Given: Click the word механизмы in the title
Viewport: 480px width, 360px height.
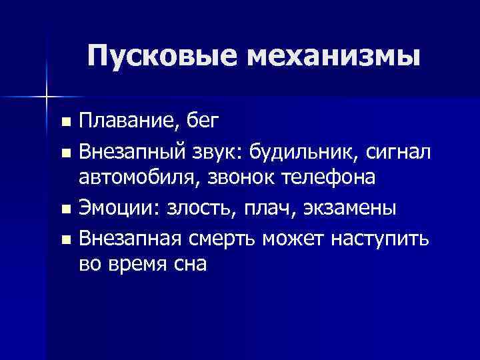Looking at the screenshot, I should pyautogui.click(x=335, y=56).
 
